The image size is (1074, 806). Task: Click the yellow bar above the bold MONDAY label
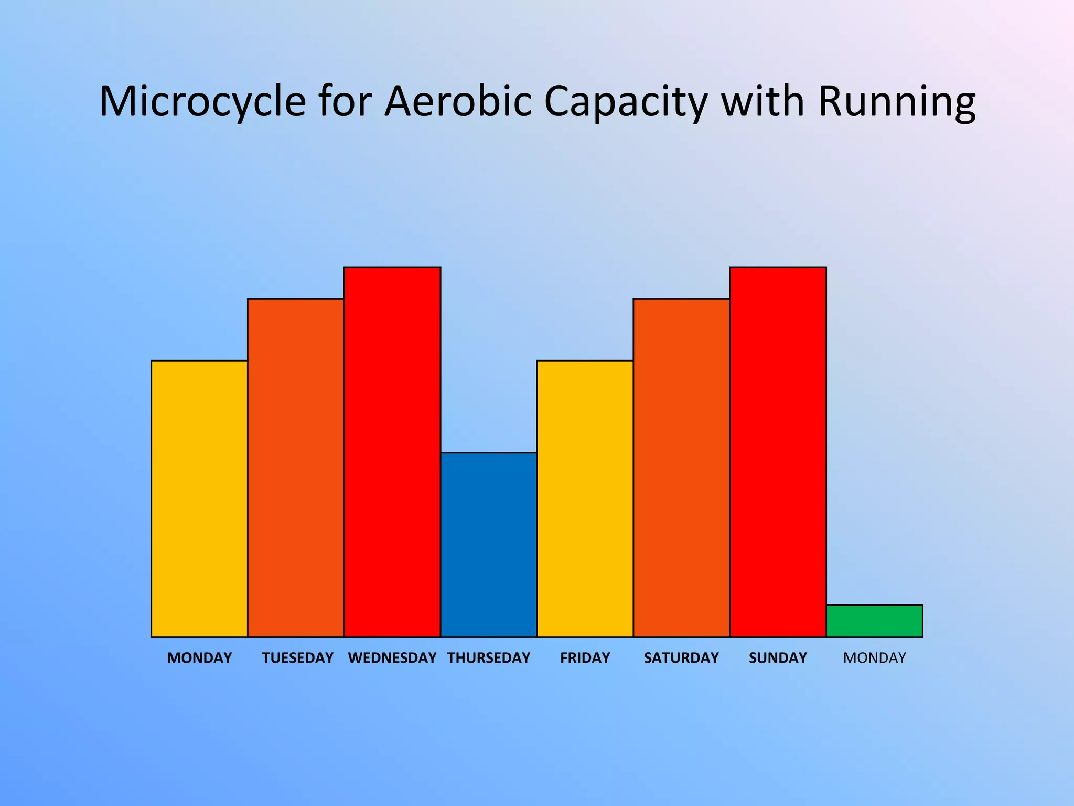tap(199, 499)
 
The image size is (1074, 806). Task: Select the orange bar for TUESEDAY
tap(296, 467)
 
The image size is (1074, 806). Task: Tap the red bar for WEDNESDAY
tap(392, 451)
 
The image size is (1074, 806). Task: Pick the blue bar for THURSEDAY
tap(489, 544)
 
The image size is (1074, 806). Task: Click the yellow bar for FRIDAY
tap(585, 499)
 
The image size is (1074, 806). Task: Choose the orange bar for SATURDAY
tap(681, 467)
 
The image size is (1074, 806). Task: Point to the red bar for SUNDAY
tap(778, 451)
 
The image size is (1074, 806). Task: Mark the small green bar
tap(874, 621)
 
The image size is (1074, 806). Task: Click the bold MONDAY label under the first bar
tap(199, 658)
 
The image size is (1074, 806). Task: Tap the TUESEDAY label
tap(297, 658)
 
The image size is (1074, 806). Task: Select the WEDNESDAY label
tap(392, 658)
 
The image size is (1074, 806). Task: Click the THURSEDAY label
tap(489, 658)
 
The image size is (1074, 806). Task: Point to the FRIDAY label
tap(585, 658)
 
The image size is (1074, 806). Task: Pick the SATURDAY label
tap(681, 658)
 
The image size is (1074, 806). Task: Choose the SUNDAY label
tap(778, 658)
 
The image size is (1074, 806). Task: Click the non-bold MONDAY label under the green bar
tap(874, 658)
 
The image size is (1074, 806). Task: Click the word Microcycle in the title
tap(202, 101)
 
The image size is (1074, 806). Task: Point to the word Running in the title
tap(896, 101)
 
